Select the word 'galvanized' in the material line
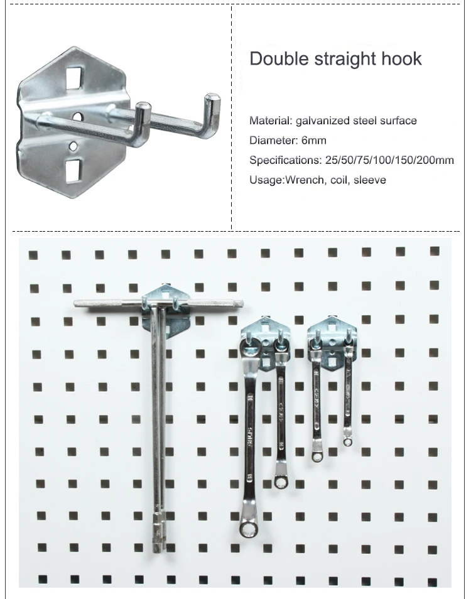point(321,121)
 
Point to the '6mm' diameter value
point(314,140)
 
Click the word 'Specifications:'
point(285,160)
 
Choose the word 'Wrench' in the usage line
point(306,180)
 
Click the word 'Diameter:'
point(274,140)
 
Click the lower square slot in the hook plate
point(73,168)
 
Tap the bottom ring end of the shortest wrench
point(347,441)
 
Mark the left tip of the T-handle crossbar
point(77,303)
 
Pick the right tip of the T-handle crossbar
point(241,305)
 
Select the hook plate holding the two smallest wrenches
point(330,342)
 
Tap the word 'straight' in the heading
point(341,59)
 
